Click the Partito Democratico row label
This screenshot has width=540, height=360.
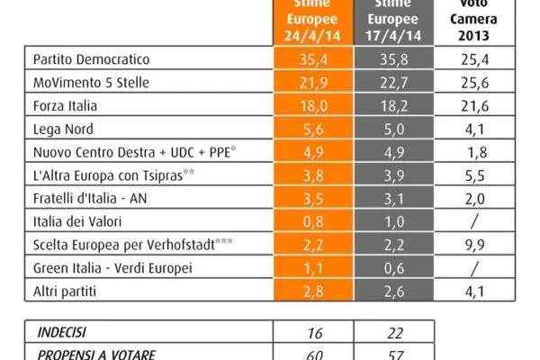tap(98, 61)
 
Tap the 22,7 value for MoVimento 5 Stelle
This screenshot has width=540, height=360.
tap(391, 84)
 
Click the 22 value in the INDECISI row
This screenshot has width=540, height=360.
tap(391, 332)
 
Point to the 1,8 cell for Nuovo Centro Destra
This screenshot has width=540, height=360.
tap(479, 151)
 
